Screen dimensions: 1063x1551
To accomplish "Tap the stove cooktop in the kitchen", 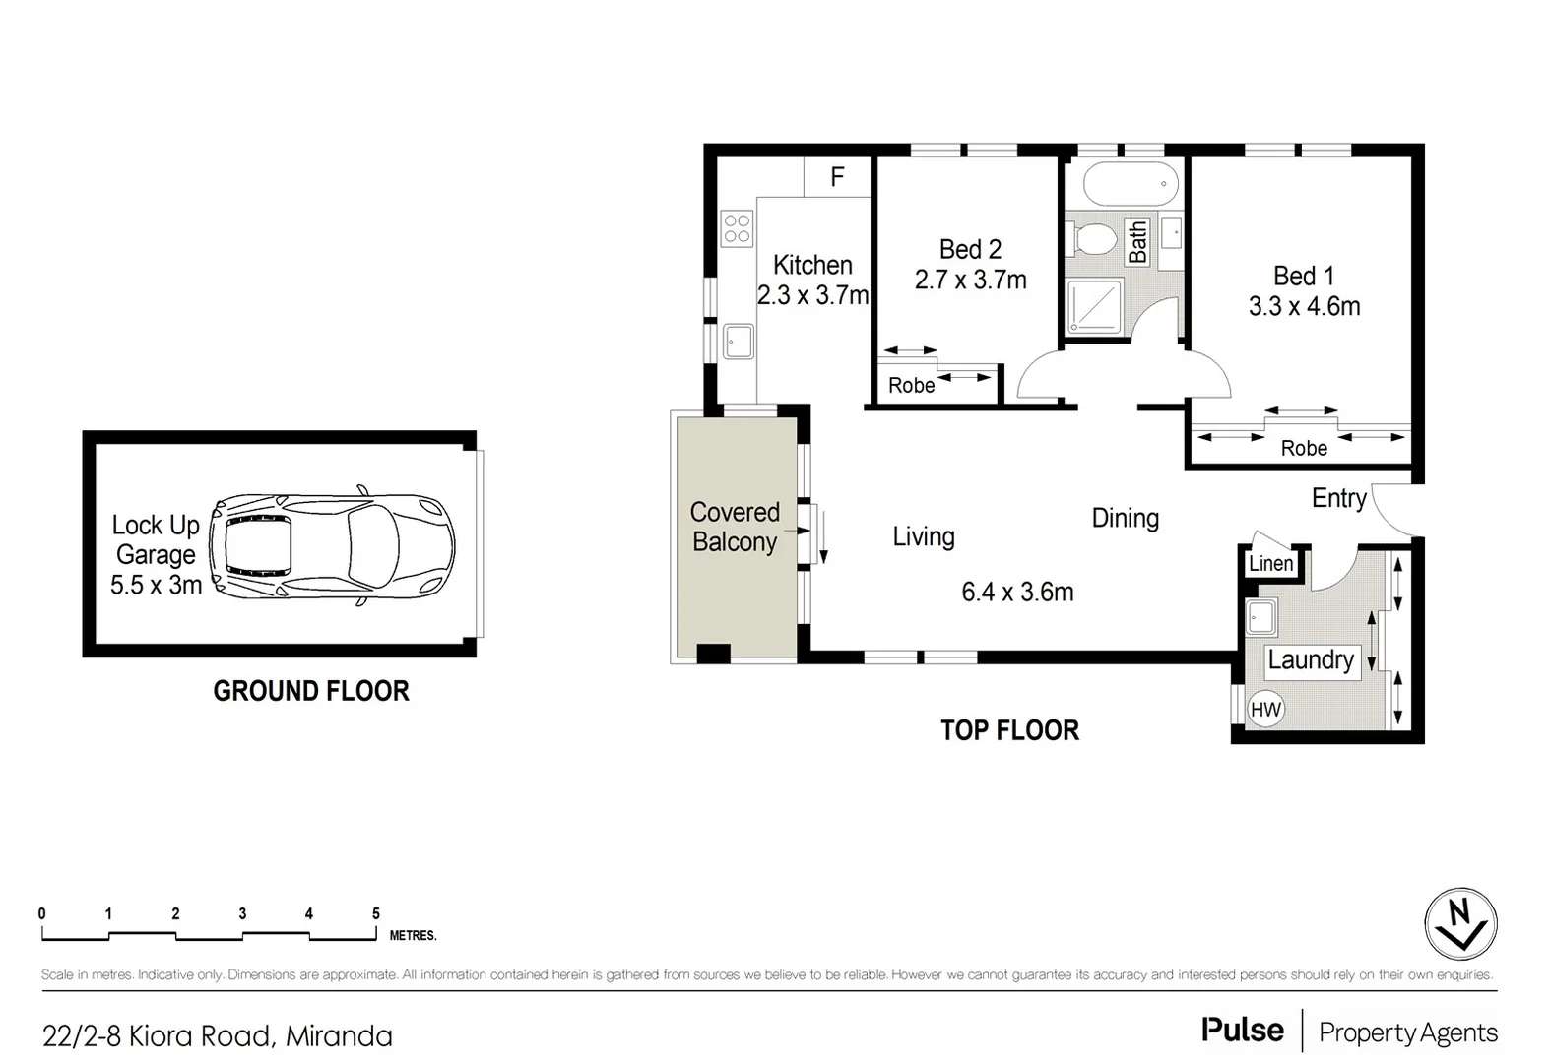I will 737,228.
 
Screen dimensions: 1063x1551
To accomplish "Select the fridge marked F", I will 837,177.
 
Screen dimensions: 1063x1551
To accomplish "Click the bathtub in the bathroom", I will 1130,184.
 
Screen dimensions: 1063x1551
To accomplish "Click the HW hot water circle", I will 1265,709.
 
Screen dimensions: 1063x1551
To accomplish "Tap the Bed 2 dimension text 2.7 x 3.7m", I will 970,281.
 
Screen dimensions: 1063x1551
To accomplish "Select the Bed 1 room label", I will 1303,276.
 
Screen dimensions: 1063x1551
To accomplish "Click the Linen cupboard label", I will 1270,564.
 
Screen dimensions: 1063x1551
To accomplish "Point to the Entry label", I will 1338,498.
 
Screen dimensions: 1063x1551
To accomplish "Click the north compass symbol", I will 1460,924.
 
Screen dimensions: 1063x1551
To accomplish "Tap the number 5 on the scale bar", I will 376,914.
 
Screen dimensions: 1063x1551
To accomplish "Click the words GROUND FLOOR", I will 311,691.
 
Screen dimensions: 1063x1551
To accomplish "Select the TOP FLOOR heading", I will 1009,730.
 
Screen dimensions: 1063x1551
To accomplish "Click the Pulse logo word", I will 1242,1031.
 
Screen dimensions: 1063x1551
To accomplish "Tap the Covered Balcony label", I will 735,527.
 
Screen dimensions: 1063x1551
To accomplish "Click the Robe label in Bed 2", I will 911,386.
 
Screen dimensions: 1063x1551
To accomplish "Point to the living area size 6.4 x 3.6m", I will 1017,593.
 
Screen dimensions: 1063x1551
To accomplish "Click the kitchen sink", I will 738,342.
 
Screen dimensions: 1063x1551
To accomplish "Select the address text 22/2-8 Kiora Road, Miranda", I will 218,1036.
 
